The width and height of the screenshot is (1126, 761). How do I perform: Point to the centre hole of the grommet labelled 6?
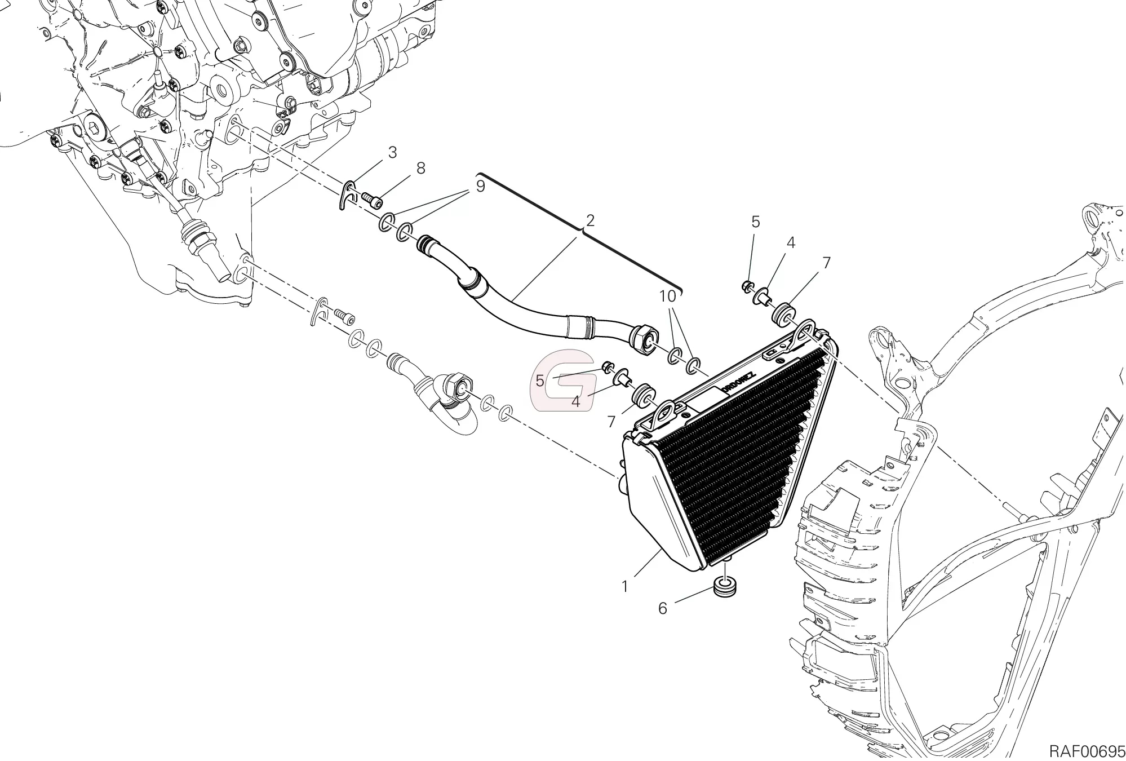pyautogui.click(x=725, y=581)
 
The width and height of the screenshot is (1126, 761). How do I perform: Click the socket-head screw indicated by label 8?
pyautogui.click(x=371, y=199)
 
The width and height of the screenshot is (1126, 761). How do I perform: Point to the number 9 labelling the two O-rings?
pyautogui.click(x=480, y=186)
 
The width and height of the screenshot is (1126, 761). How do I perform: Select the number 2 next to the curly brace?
pyautogui.click(x=590, y=220)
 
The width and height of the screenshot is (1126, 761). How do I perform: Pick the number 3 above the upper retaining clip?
pyautogui.click(x=392, y=153)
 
